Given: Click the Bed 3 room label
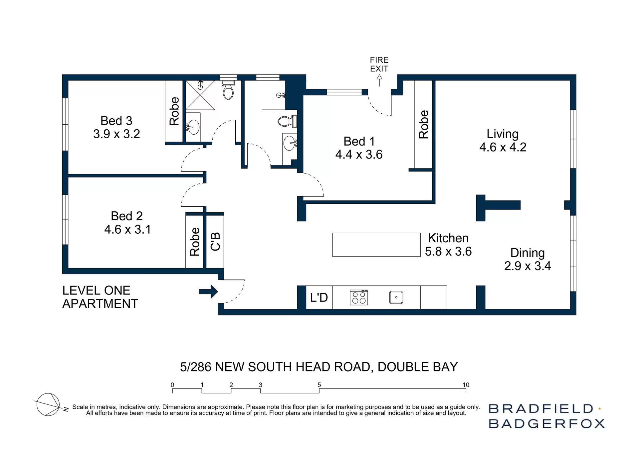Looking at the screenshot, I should click(116, 121).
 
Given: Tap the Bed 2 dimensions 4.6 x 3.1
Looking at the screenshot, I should click(127, 229).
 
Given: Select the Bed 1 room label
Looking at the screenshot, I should click(359, 141).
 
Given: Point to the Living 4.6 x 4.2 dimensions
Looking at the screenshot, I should click(503, 147).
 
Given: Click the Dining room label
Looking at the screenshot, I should click(528, 253).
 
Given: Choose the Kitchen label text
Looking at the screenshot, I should click(448, 238).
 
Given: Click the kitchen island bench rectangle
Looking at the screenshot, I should click(376, 245).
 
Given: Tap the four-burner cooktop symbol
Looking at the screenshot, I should click(359, 297).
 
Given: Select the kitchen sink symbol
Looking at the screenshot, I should click(396, 297).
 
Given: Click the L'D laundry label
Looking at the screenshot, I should click(319, 297).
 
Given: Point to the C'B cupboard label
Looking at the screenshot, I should click(215, 241).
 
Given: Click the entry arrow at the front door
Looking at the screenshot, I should click(208, 291).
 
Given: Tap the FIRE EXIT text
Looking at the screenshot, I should click(379, 64).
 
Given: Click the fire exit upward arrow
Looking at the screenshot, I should click(379, 80).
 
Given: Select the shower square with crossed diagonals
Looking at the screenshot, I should click(200, 95).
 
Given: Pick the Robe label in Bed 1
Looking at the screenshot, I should click(423, 124).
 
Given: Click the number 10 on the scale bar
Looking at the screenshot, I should click(466, 385).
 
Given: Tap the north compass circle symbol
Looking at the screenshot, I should click(48, 404).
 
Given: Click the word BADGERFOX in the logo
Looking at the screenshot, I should click(546, 424).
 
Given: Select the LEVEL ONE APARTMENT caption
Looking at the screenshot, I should click(100, 297).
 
